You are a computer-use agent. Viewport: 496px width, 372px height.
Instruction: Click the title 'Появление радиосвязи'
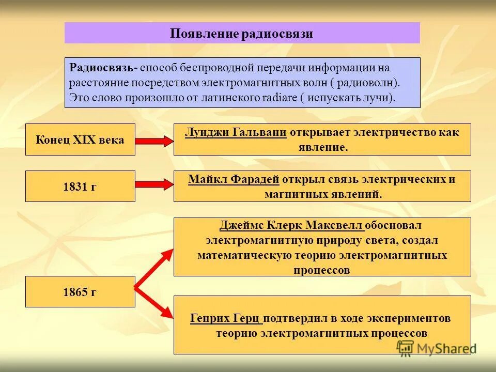242,34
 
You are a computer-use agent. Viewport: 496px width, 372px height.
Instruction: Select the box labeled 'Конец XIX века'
80,139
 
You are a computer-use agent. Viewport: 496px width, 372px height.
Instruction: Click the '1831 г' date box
80,186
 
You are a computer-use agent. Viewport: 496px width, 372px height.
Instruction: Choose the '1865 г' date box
80,292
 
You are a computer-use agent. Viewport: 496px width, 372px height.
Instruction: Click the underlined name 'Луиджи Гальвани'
236,132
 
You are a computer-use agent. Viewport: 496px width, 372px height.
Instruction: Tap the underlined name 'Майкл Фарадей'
234,179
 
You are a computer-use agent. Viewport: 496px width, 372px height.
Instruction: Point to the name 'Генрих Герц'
226,318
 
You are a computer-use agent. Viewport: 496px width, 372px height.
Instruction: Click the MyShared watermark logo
434,348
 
